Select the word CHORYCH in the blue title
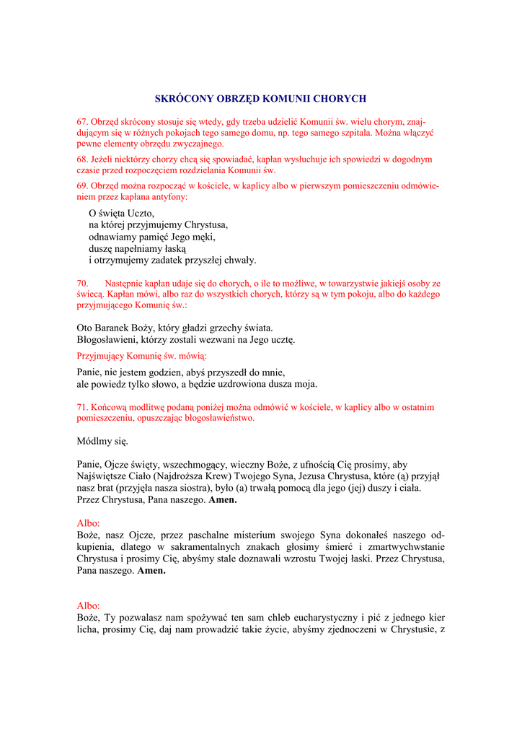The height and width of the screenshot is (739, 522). coord(342,98)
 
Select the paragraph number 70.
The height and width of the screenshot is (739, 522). coord(82,283)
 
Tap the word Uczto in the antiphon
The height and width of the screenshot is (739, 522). coord(141,214)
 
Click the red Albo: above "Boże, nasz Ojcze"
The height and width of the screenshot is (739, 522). coord(88,522)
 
